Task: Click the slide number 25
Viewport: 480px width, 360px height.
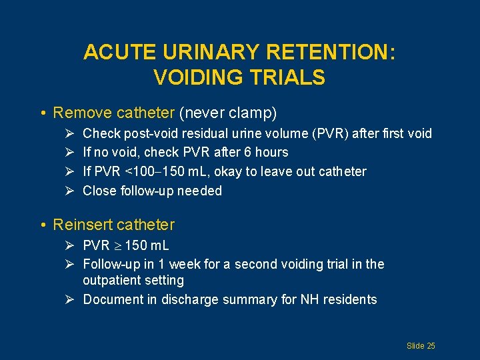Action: [x=431, y=345]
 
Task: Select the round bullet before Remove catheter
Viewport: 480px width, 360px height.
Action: [x=42, y=113]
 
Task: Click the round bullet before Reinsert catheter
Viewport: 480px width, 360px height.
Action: [x=42, y=225]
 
